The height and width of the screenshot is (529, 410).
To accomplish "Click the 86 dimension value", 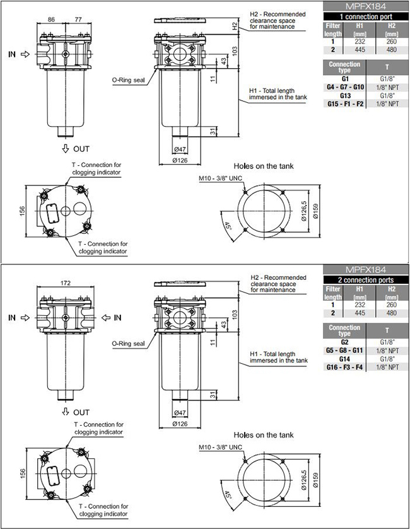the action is (51, 20).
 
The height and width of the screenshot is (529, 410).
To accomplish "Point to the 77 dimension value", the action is (78, 20).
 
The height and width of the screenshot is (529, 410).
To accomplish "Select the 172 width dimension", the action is (66, 283).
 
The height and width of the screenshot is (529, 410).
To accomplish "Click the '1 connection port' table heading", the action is (366, 16).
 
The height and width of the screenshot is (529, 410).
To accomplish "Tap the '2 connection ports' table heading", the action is (366, 280).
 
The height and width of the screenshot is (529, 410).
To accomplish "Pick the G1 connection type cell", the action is (345, 79).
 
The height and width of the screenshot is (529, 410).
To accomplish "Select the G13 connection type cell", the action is (345, 96).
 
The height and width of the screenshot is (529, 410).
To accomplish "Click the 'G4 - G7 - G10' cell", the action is (345, 88).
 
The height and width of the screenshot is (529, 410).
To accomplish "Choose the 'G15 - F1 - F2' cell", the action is (345, 104).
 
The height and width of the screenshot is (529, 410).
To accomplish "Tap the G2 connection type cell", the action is (344, 342).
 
